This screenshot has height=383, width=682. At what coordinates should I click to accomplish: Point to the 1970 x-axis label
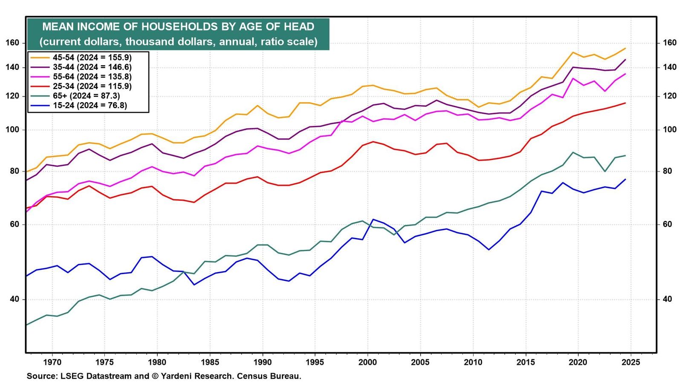[x=52, y=362]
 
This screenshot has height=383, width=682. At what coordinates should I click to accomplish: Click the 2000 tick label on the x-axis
[x=368, y=362]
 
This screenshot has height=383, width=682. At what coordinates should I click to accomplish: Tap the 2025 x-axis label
[x=631, y=362]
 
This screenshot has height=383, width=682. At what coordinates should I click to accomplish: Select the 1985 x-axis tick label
[x=210, y=362]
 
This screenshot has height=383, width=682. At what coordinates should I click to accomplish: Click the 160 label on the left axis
[x=12, y=43]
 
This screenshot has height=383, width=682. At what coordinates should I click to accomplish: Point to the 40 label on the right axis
[x=667, y=300]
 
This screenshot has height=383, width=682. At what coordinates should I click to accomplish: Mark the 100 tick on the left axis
[x=12, y=130]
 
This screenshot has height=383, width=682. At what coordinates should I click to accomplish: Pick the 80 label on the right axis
[x=667, y=171]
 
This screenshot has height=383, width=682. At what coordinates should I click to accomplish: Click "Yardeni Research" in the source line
[x=197, y=376]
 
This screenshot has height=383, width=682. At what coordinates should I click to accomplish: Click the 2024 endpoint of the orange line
[x=625, y=49]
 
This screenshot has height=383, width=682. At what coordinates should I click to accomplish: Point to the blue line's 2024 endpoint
[x=625, y=179]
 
